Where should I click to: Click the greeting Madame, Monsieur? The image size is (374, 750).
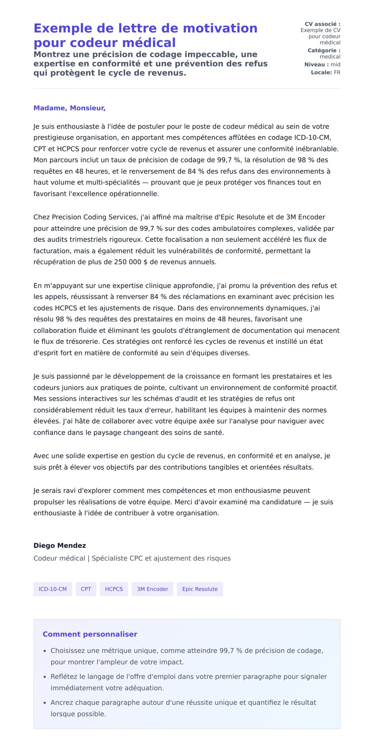click(70, 108)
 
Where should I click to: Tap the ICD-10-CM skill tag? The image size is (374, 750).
click(53, 589)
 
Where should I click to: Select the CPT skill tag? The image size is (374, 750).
click(86, 589)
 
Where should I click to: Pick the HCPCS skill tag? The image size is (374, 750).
click(114, 589)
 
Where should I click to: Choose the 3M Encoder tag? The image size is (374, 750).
click(152, 589)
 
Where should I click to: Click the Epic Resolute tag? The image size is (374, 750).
click(200, 589)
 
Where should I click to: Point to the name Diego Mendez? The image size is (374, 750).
click(60, 545)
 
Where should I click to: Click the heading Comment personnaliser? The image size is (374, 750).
click(90, 634)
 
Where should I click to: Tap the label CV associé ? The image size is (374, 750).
click(322, 24)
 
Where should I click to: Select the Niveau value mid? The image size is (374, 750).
click(335, 64)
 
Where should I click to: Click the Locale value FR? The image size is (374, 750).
click(337, 73)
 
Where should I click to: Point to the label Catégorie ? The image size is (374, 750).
click(324, 50)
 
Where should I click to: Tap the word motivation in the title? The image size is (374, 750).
click(220, 28)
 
